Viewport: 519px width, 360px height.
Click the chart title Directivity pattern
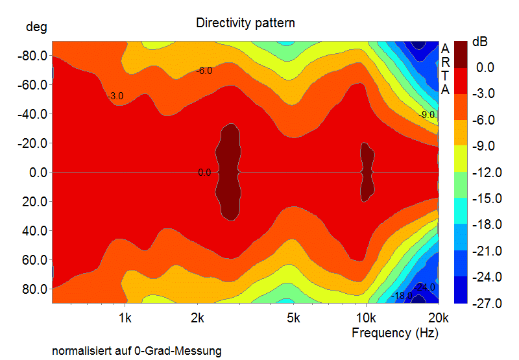click(245, 23)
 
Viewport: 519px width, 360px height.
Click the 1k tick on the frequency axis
click(125, 318)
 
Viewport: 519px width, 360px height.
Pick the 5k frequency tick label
click(293, 318)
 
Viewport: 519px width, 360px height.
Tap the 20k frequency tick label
click(439, 318)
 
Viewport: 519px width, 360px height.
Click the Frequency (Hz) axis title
click(394, 333)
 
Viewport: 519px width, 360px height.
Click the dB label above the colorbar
click(480, 42)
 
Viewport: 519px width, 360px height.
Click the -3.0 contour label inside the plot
click(115, 96)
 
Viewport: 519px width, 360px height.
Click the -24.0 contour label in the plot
click(425, 287)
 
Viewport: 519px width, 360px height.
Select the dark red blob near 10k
click(367, 171)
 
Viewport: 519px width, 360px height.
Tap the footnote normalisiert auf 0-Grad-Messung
click(137, 351)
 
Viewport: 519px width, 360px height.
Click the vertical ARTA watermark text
click(445, 69)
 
